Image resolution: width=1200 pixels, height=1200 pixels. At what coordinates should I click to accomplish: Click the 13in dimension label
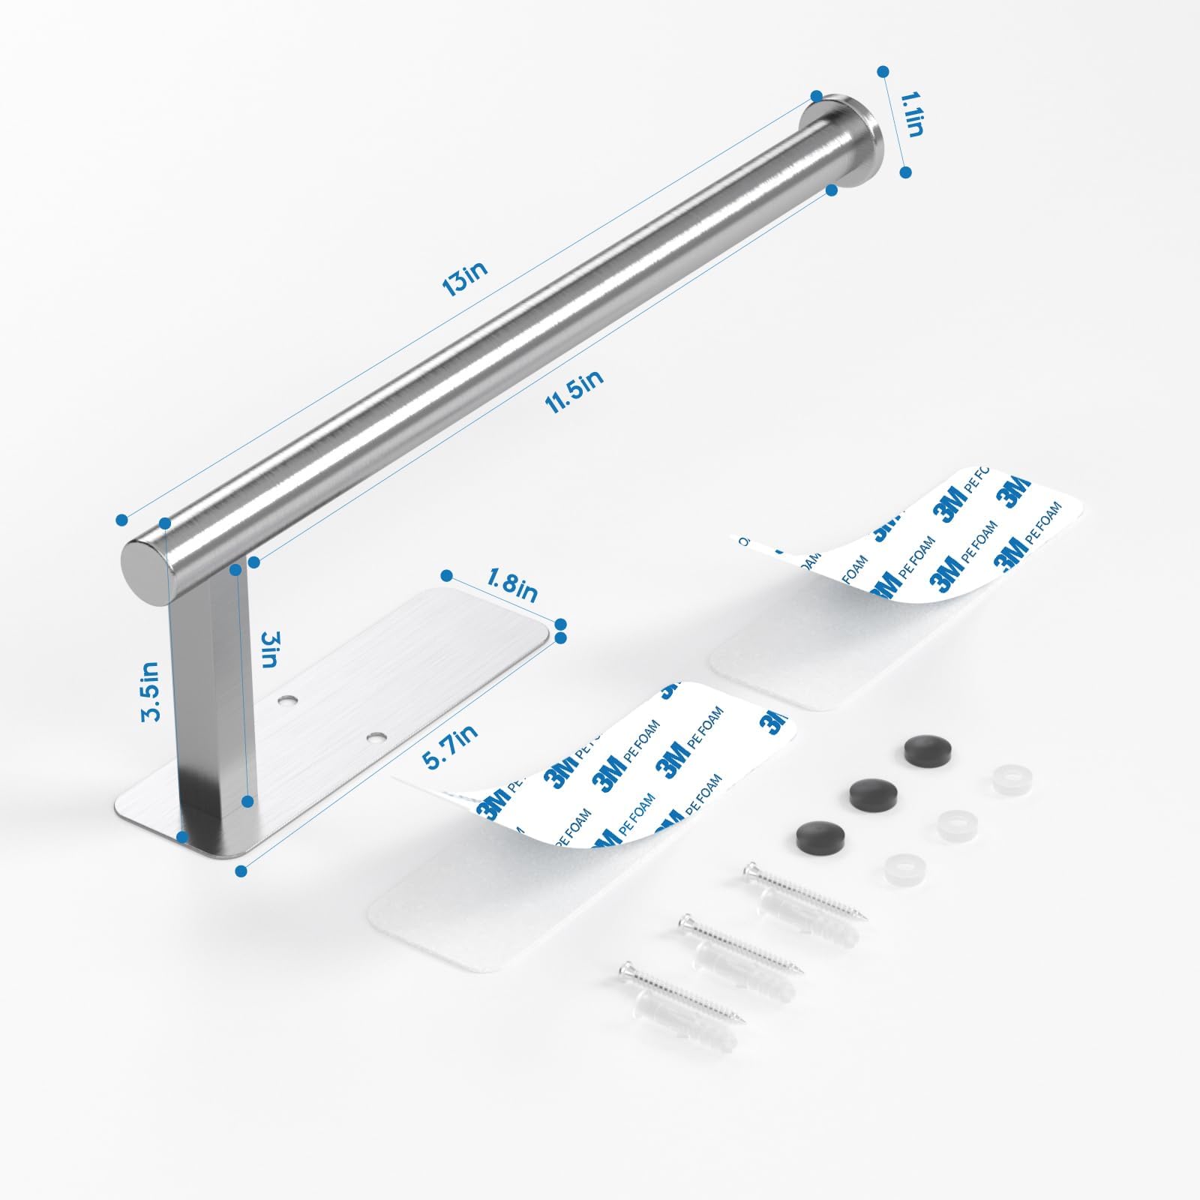(464, 275)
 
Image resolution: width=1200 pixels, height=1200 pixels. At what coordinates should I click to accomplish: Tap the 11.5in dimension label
(574, 391)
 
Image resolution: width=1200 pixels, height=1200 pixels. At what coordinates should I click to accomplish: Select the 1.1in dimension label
(910, 114)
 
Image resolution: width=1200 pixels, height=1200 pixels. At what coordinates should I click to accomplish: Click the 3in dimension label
(269, 649)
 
